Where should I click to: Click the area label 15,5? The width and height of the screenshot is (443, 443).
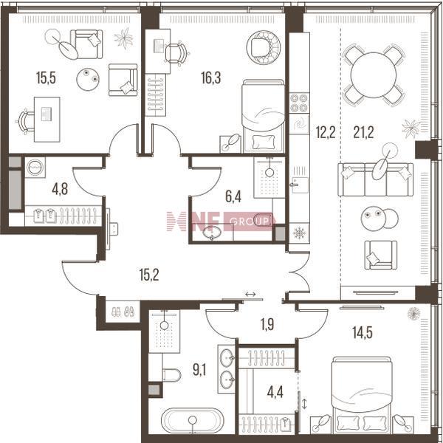pyautogui.click(x=46, y=78)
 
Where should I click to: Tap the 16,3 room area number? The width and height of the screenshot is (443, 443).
pyautogui.click(x=210, y=78)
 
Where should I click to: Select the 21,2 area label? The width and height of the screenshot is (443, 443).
pyautogui.click(x=363, y=132)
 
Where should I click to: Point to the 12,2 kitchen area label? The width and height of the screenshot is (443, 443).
pyautogui.click(x=326, y=132)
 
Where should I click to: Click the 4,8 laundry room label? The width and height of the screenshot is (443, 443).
pyautogui.click(x=60, y=189)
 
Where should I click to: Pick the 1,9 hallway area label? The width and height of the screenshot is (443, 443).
pyautogui.click(x=267, y=324)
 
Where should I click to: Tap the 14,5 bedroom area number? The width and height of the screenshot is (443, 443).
pyautogui.click(x=363, y=332)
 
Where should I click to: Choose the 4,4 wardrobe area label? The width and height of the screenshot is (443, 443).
pyautogui.click(x=275, y=393)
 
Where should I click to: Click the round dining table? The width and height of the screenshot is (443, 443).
pyautogui.click(x=374, y=75)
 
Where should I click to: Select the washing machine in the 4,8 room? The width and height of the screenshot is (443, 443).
pyautogui.click(x=35, y=168)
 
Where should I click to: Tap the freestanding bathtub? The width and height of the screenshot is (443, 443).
pyautogui.click(x=193, y=420)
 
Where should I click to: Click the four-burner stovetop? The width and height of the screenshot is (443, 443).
pyautogui.click(x=300, y=103)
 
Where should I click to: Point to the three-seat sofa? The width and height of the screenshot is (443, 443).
pyautogui.click(x=376, y=179)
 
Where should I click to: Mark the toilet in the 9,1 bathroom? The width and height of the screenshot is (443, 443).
pyautogui.click(x=171, y=375)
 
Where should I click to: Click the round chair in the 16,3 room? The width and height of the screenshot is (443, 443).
pyautogui.click(x=264, y=47)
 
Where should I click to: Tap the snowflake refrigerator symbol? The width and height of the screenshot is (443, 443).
pyautogui.click(x=299, y=233)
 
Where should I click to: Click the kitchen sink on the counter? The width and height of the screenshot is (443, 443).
pyautogui.click(x=300, y=185)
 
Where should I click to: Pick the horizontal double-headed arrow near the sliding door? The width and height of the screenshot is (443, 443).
pyautogui.click(x=250, y=294)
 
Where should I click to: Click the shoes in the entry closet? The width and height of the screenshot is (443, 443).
pyautogui.click(x=123, y=312)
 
